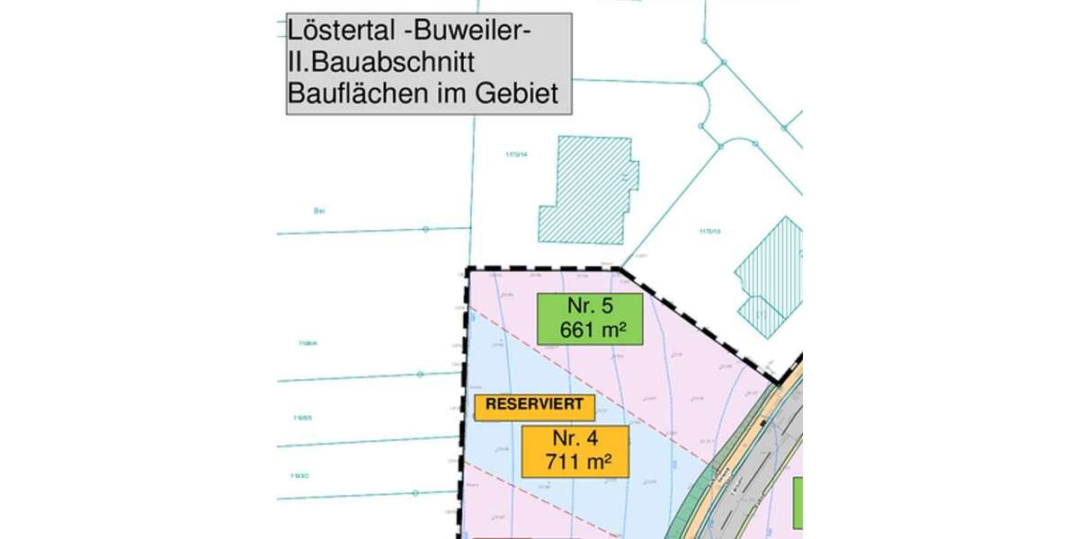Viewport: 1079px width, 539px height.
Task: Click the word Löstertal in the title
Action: [x=327, y=31]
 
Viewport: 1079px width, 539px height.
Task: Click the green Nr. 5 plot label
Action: [x=590, y=306]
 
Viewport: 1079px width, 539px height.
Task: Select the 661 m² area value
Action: [x=590, y=330]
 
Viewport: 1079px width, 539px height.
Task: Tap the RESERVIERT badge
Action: [x=534, y=405]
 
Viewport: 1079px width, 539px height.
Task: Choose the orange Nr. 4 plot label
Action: [x=575, y=440]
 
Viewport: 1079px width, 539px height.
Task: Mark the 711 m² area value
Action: [x=575, y=464]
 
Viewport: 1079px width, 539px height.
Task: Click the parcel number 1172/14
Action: [x=516, y=155]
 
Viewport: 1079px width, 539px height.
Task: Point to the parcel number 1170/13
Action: [x=710, y=231]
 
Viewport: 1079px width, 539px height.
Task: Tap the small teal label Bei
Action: [x=318, y=211]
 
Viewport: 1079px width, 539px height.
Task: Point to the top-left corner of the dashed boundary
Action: [x=468, y=269]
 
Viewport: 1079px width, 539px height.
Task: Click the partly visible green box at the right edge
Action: [x=798, y=503]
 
